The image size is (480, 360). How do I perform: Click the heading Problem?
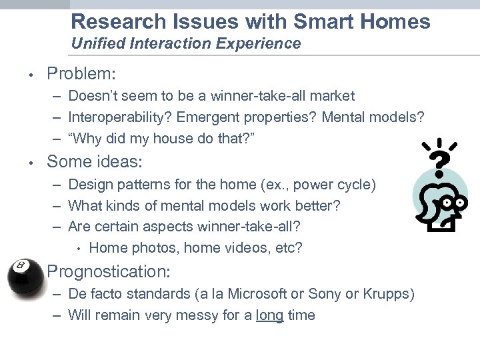point(81,73)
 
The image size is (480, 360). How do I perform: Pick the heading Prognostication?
point(109,271)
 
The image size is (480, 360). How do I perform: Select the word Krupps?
point(391,294)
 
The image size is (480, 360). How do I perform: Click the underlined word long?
point(269,315)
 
